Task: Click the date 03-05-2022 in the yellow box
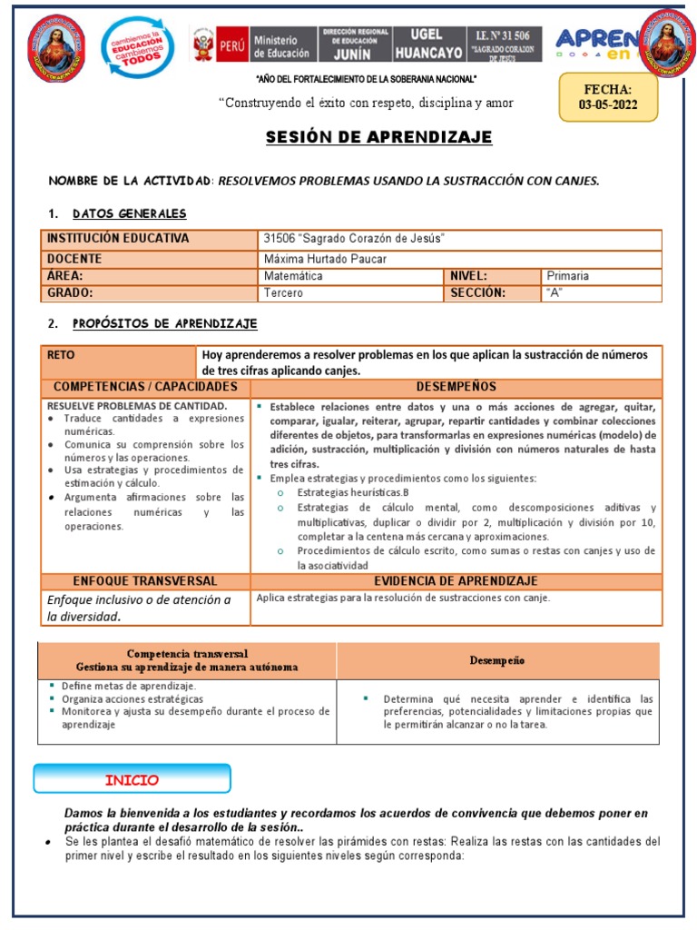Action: (608, 104)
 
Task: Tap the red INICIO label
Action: (132, 780)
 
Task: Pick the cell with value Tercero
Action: (283, 293)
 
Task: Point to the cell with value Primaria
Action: (567, 276)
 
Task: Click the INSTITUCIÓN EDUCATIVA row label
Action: (119, 239)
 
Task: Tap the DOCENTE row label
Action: (74, 259)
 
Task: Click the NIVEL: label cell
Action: (469, 276)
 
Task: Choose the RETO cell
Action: (61, 355)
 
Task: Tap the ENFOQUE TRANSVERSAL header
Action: (145, 581)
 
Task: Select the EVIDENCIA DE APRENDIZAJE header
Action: (456, 581)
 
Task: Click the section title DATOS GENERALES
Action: (129, 213)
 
